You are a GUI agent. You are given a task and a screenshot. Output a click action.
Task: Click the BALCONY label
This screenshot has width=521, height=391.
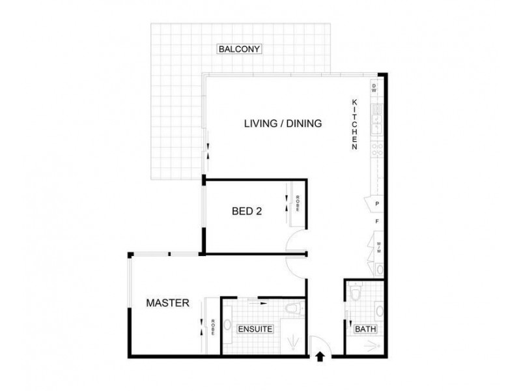[x=239, y=49]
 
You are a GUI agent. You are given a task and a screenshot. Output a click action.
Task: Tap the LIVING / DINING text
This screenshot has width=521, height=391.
[x=283, y=123]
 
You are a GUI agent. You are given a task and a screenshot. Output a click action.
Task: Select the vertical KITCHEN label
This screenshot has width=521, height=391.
[x=355, y=125]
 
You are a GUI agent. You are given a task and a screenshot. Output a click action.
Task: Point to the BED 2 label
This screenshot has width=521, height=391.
[x=247, y=210]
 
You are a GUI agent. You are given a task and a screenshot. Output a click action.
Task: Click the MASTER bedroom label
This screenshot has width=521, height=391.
[x=167, y=303]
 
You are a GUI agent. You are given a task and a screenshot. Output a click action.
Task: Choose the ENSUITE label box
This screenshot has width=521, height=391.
[x=255, y=329]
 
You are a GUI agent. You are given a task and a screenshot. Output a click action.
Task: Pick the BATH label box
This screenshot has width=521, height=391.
[x=365, y=329]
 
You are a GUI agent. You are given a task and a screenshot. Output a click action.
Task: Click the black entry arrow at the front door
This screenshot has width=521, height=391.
[x=320, y=356]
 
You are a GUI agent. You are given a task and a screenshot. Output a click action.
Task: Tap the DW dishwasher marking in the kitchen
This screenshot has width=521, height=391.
[x=374, y=88]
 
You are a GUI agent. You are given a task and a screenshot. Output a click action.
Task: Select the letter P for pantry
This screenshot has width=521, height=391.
[x=377, y=204]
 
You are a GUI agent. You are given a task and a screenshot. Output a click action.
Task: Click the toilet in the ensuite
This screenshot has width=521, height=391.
[x=293, y=308]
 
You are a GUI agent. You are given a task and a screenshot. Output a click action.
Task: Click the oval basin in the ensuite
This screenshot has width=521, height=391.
[x=227, y=323]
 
